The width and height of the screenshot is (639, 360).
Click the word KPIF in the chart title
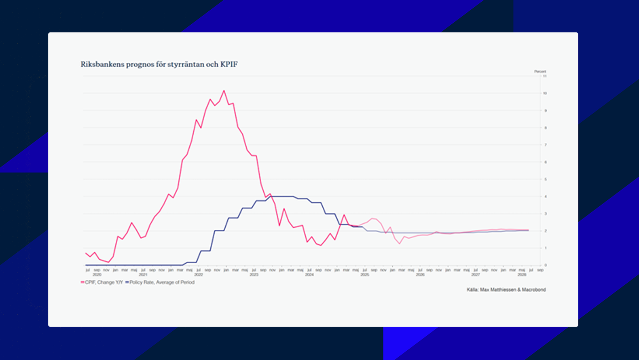[x=229, y=64]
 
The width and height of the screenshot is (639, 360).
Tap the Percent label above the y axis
[x=540, y=72]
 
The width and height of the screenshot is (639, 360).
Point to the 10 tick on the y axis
[x=545, y=93]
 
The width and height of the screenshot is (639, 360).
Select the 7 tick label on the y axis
[x=546, y=145]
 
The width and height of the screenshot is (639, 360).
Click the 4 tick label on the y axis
[x=546, y=197]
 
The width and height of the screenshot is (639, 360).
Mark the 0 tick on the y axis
[x=546, y=265]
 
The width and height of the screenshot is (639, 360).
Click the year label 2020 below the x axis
[x=97, y=275]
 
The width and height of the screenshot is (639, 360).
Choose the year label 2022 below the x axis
[x=199, y=275]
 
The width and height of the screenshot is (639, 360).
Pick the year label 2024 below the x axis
[x=309, y=275]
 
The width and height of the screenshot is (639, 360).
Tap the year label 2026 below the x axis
[x=420, y=275]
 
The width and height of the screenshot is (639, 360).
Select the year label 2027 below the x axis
[x=476, y=275]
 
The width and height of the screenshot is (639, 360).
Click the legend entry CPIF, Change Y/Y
[x=104, y=282]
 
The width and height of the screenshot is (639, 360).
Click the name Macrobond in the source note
[x=534, y=290]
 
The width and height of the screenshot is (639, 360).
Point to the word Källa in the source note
[x=472, y=290]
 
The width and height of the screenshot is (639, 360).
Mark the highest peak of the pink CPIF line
[x=224, y=91]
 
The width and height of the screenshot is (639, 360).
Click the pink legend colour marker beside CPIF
[x=83, y=282]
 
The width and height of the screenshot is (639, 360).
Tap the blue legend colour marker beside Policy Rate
[x=127, y=282]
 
